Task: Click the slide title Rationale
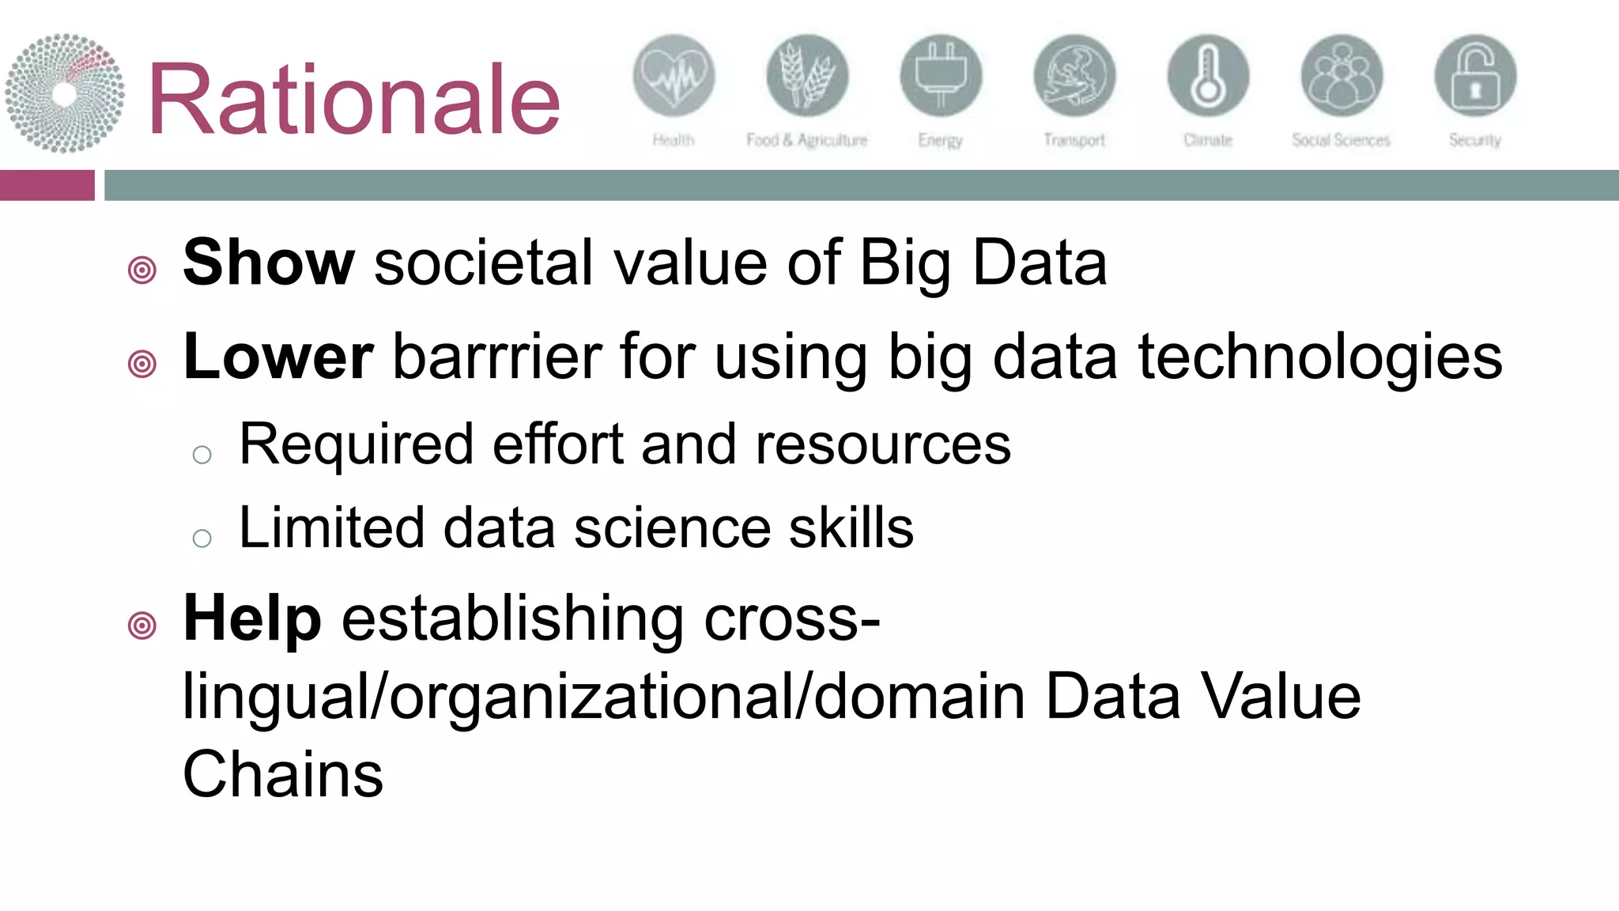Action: (353, 100)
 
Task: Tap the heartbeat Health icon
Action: (674, 76)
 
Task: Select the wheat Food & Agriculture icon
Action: (807, 76)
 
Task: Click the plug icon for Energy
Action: (941, 76)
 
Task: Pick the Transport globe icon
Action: (1074, 76)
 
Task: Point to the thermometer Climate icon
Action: (1208, 76)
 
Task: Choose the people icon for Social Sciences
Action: (1342, 76)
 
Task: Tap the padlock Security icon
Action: (1475, 76)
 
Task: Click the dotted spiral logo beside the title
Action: (64, 93)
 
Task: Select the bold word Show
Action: (269, 263)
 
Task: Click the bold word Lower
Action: (277, 357)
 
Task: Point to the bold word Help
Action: (252, 618)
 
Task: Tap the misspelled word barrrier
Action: (496, 357)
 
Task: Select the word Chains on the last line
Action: (282, 774)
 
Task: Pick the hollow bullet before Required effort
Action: (202, 455)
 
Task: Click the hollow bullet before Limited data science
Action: (202, 539)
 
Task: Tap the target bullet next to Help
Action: (142, 626)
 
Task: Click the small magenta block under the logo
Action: (47, 185)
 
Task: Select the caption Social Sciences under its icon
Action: (1341, 141)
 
